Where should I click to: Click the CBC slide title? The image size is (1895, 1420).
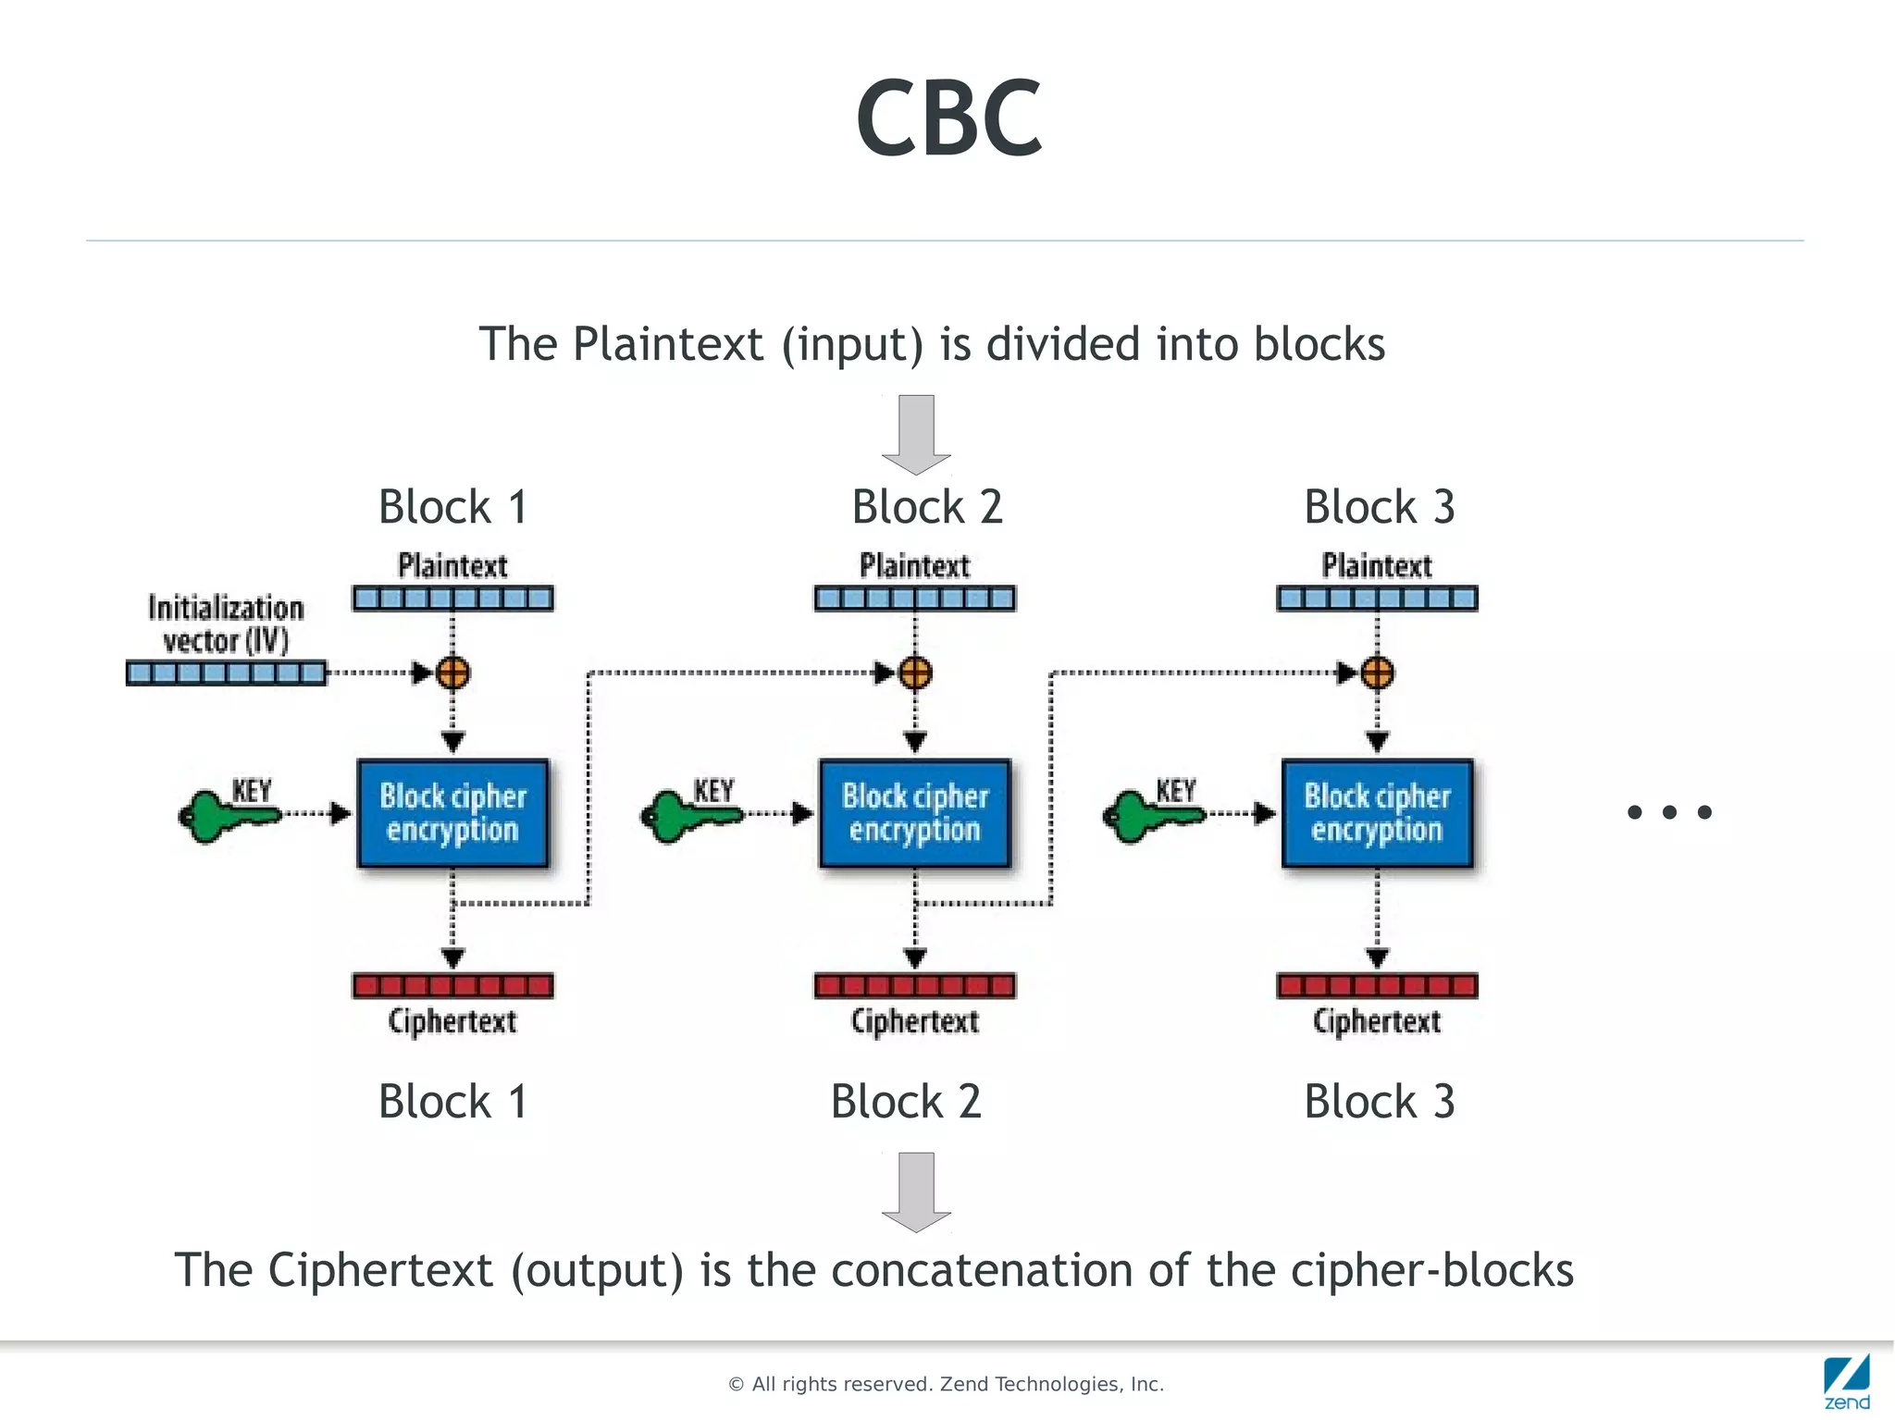pos(948,118)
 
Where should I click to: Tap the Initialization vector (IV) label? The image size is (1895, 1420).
pos(226,624)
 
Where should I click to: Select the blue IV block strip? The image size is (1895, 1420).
pos(226,673)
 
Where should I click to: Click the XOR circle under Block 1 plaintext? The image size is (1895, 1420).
pos(452,673)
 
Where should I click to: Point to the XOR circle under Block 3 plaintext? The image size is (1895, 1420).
pos(1377,673)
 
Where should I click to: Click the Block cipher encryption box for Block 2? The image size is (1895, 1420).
pos(914,813)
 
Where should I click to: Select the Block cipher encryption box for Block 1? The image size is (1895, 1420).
pos(452,813)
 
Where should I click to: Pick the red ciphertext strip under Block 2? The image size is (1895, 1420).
pos(914,985)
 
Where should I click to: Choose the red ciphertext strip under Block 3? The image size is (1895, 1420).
pos(1377,985)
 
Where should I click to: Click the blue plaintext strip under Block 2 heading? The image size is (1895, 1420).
pos(914,599)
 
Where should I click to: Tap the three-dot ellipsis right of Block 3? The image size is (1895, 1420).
pos(1669,812)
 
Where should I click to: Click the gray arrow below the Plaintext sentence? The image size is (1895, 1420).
pos(916,434)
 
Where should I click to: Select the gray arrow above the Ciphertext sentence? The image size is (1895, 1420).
pos(916,1192)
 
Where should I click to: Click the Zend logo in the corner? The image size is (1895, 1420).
pos(1846,1381)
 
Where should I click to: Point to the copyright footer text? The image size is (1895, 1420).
pos(946,1384)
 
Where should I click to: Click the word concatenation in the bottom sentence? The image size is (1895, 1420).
pos(984,1269)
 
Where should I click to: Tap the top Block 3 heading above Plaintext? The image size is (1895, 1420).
pos(1379,507)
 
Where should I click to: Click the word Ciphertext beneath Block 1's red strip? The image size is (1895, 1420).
pos(452,1021)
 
